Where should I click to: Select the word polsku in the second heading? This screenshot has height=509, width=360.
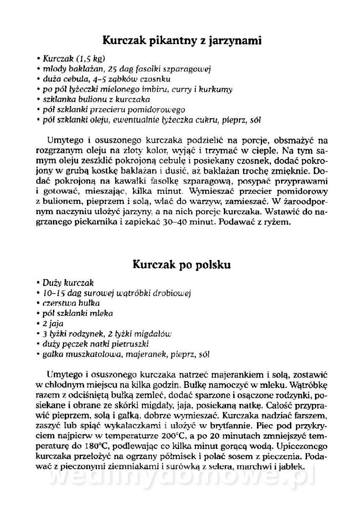(215, 265)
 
